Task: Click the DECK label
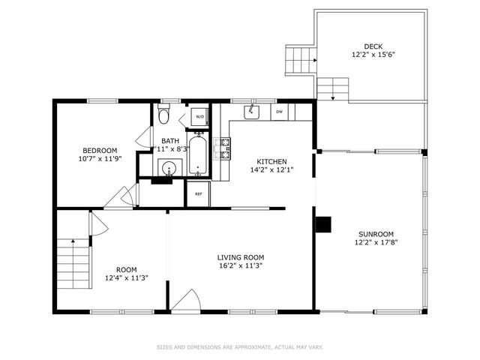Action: pyautogui.click(x=373, y=46)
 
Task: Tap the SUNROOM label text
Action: pyautogui.click(x=376, y=235)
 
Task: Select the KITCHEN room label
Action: pyautogui.click(x=271, y=162)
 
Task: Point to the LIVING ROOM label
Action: pyautogui.click(x=241, y=258)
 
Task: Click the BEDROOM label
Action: pyautogui.click(x=100, y=151)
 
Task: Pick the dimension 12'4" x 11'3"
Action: pyautogui.click(x=127, y=278)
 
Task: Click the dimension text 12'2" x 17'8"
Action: pyautogui.click(x=376, y=242)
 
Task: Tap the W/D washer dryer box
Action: pyautogui.click(x=199, y=117)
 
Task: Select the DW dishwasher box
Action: pyautogui.click(x=280, y=112)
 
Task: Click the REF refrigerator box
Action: pyautogui.click(x=199, y=194)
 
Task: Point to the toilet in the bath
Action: pyautogui.click(x=163, y=114)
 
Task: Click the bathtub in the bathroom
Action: pyautogui.click(x=198, y=154)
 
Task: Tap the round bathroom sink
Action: pyautogui.click(x=169, y=168)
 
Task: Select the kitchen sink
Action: pyautogui.click(x=251, y=112)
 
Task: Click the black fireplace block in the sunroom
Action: pyautogui.click(x=323, y=224)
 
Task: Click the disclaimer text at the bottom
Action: pyautogui.click(x=240, y=347)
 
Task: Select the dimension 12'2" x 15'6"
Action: pyautogui.click(x=373, y=55)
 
